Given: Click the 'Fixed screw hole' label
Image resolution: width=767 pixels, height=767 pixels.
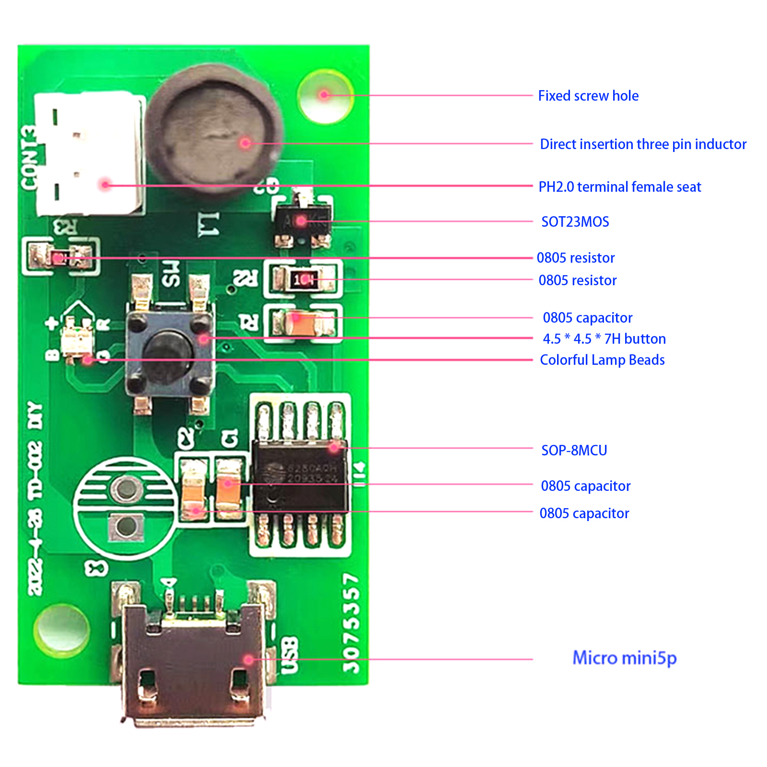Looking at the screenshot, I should tap(588, 96).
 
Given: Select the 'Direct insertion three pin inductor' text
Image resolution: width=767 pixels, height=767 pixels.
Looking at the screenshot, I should tap(643, 144).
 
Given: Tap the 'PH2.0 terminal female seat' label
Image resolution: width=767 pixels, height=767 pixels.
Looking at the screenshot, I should tap(619, 187).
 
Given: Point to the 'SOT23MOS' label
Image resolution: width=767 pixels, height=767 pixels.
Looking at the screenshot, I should tap(575, 222).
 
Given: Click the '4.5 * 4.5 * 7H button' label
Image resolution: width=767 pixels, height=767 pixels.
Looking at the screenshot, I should tap(604, 339).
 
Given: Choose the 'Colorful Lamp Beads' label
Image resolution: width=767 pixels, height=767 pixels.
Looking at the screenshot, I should tap(602, 360).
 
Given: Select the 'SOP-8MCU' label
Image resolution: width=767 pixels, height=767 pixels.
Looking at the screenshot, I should tap(574, 451).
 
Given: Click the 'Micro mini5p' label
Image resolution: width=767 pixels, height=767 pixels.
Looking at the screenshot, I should tap(624, 658).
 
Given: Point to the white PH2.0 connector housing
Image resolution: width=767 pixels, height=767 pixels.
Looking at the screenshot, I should tap(89, 153).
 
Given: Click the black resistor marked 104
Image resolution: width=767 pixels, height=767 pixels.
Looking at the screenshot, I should tap(303, 279).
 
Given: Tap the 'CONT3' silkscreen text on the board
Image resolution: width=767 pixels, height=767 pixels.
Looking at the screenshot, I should tap(29, 158).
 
